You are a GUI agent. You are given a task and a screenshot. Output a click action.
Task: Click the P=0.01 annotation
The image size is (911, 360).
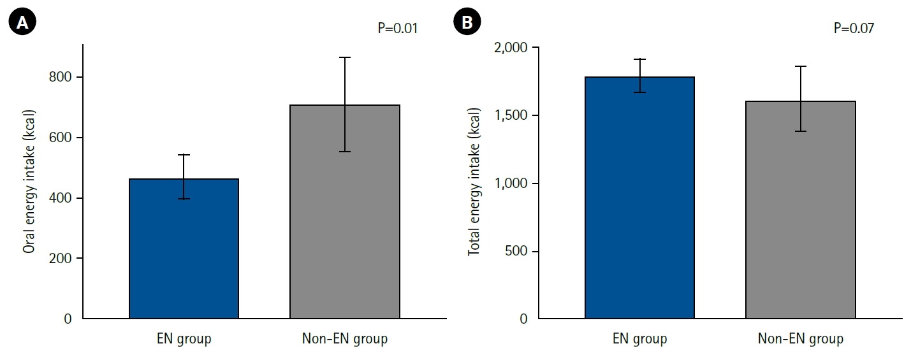click(398, 28)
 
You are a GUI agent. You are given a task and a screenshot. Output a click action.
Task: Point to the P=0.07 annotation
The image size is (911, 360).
click(854, 28)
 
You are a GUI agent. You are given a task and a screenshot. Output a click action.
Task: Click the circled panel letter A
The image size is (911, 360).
click(22, 23)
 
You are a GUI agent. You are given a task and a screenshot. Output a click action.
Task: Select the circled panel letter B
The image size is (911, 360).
click(467, 23)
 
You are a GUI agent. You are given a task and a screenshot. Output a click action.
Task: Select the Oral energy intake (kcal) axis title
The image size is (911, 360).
click(29, 182)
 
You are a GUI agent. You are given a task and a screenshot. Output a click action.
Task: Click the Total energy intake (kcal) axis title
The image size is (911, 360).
click(474, 182)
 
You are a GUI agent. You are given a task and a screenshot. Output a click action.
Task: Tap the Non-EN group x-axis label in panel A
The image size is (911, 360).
click(345, 339)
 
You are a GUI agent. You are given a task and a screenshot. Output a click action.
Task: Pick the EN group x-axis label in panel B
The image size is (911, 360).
click(639, 339)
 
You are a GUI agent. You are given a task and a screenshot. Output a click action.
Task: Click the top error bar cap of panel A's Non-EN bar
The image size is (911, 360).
click(345, 57)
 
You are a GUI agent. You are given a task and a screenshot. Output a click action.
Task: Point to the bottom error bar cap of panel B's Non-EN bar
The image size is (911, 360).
click(801, 131)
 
